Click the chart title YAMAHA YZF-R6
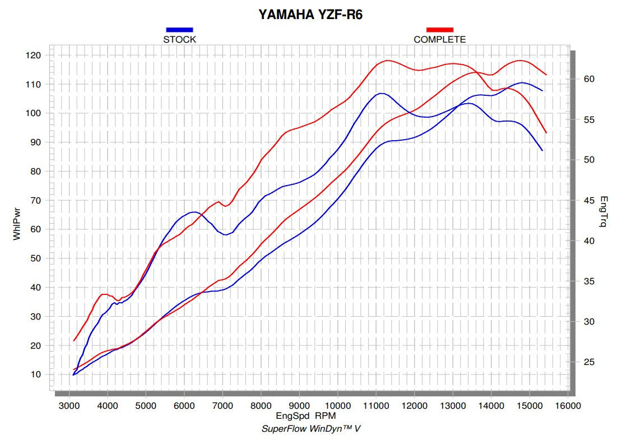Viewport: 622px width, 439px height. point(310,15)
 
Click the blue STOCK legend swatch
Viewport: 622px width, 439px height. point(179,30)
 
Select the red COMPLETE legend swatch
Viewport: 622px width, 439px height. point(439,30)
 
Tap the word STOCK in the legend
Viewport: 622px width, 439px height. point(179,40)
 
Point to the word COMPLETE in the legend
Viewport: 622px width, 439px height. point(439,40)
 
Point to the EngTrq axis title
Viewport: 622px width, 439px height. point(604,212)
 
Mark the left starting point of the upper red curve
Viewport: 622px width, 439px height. point(74,340)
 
